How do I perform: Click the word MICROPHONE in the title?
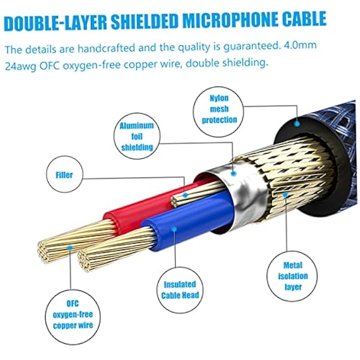pos(230,20)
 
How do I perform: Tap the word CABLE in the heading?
pos(304,19)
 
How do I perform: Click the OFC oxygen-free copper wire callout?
pos(73,317)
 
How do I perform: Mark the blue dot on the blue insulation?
pos(174,229)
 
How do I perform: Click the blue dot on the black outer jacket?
pos(297,124)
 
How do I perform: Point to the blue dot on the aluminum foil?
pos(234,173)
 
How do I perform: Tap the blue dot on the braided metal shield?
pos(285,195)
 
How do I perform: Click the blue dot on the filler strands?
pos(185,196)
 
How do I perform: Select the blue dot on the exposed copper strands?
pos(70,248)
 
